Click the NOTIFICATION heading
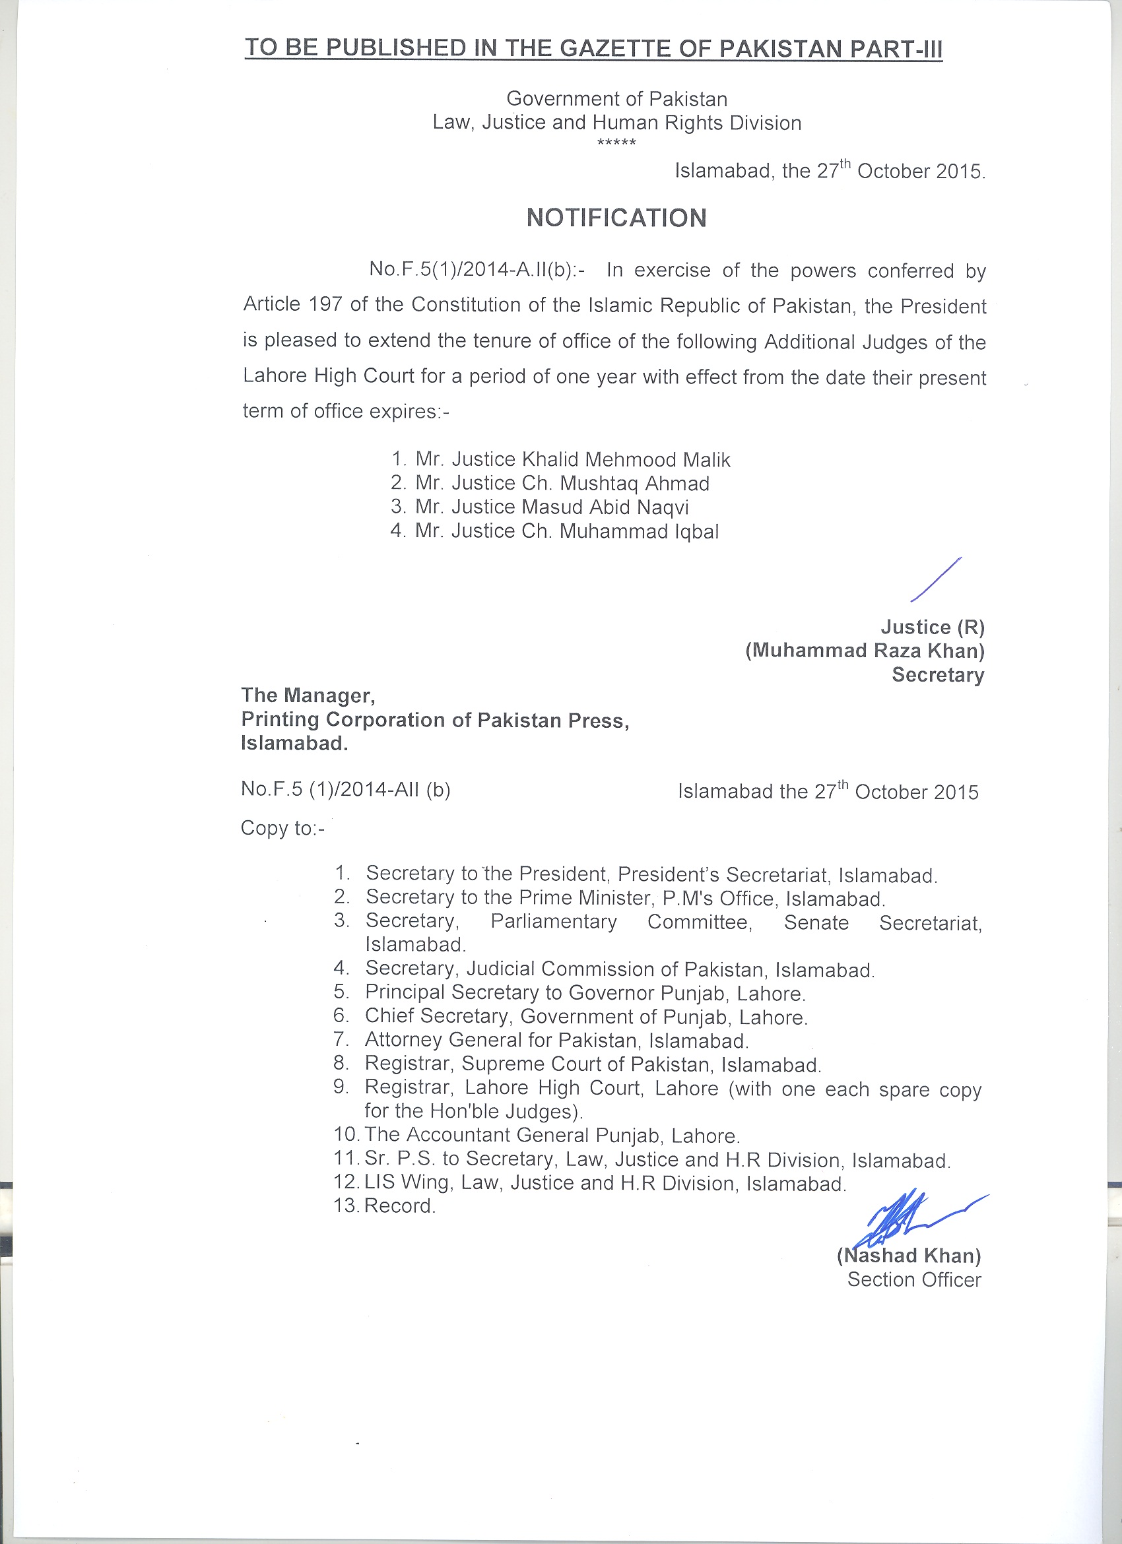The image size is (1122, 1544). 616,218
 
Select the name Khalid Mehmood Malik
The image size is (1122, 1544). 626,460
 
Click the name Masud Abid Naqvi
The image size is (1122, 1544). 605,507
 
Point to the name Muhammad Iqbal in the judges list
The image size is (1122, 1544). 639,531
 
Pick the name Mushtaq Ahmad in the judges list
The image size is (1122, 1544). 634,484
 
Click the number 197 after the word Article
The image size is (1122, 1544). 325,304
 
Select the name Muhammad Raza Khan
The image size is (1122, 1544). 865,651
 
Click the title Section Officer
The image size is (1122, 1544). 913,1280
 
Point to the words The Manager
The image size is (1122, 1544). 308,695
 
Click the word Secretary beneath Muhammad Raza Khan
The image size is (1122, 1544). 937,674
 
